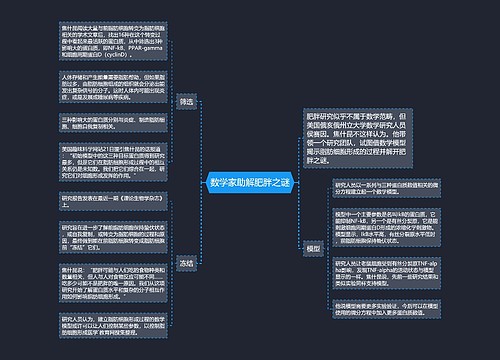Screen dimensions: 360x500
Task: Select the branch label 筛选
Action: pyautogui.click(x=186, y=101)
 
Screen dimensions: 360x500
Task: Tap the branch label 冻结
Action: pyautogui.click(x=186, y=263)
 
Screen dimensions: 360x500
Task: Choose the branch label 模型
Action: pyautogui.click(x=314, y=247)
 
